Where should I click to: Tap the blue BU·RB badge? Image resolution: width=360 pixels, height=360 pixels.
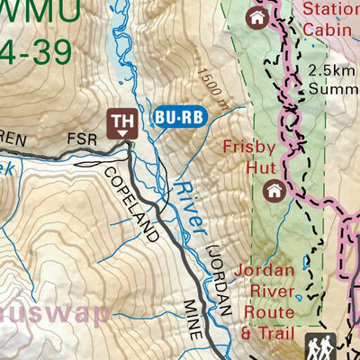tap(181, 116)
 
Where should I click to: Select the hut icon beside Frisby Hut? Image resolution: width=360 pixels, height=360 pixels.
tap(274, 190)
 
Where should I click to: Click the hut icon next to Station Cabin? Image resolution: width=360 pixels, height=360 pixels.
tap(257, 18)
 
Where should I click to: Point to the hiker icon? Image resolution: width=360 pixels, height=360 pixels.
tap(319, 346)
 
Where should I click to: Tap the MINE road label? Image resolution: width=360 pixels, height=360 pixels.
tap(192, 320)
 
